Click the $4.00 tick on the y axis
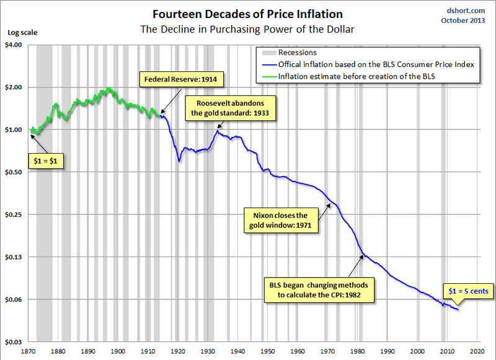coord(13,45)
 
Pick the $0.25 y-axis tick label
coord(13,215)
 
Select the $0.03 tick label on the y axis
coord(13,342)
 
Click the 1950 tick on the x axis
coord(268,350)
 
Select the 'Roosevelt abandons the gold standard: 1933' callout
coord(232,108)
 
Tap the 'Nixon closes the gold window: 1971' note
coord(281,221)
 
